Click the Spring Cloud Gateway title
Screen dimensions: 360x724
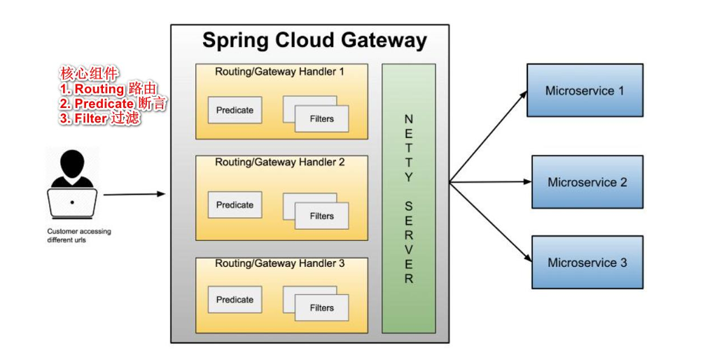[314, 40]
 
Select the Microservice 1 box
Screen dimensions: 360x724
[585, 90]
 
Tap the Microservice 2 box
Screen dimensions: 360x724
[587, 182]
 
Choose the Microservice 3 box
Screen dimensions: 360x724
[587, 263]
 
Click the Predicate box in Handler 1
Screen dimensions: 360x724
[235, 110]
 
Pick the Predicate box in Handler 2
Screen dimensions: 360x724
[235, 205]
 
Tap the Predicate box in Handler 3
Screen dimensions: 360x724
[235, 299]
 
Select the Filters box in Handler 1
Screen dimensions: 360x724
[321, 118]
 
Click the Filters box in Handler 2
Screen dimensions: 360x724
[321, 216]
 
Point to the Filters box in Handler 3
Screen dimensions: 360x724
[321, 307]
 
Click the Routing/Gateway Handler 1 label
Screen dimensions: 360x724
[280, 71]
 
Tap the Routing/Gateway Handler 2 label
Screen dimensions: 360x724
[280, 162]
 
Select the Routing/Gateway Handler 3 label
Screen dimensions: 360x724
[280, 264]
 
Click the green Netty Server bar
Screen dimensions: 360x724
[408, 199]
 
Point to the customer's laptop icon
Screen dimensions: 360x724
[72, 203]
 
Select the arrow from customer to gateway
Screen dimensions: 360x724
[134, 194]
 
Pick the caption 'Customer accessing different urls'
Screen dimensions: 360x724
[78, 235]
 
